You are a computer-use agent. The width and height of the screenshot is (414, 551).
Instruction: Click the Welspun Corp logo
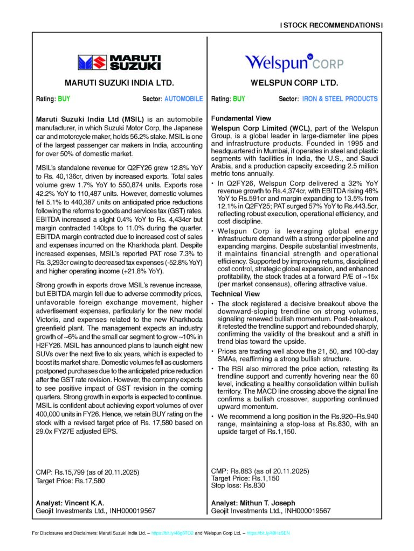pos(293,62)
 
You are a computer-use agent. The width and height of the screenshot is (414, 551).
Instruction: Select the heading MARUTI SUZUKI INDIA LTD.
pos(119,83)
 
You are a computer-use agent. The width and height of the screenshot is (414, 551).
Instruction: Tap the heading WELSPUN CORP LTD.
pos(294,83)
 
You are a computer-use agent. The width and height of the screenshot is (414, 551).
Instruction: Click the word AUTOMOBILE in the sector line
pos(183,99)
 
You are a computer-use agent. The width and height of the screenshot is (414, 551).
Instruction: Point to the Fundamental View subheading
pos(241,118)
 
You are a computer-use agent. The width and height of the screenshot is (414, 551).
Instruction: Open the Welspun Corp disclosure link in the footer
pos(268,533)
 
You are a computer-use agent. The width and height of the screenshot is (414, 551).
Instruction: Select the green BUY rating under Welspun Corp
pos(239,99)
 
